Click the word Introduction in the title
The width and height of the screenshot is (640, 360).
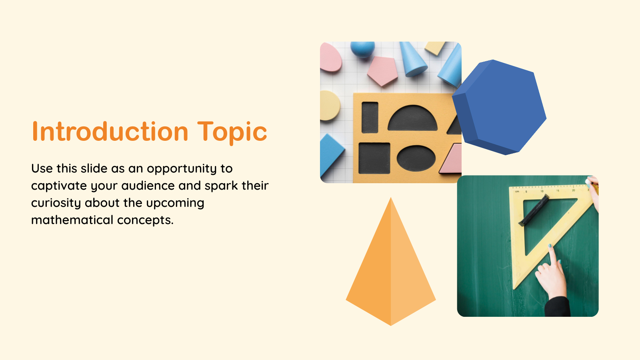tap(110, 132)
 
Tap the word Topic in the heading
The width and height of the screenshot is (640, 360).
tap(232, 132)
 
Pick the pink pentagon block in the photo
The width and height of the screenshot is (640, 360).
tap(382, 70)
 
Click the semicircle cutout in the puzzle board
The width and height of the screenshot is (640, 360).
tap(412, 119)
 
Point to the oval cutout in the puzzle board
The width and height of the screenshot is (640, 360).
tap(416, 158)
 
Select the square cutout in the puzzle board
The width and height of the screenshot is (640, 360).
tap(374, 158)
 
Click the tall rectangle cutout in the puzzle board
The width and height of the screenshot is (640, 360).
tap(370, 117)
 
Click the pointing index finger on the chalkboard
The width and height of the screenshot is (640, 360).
tap(552, 256)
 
